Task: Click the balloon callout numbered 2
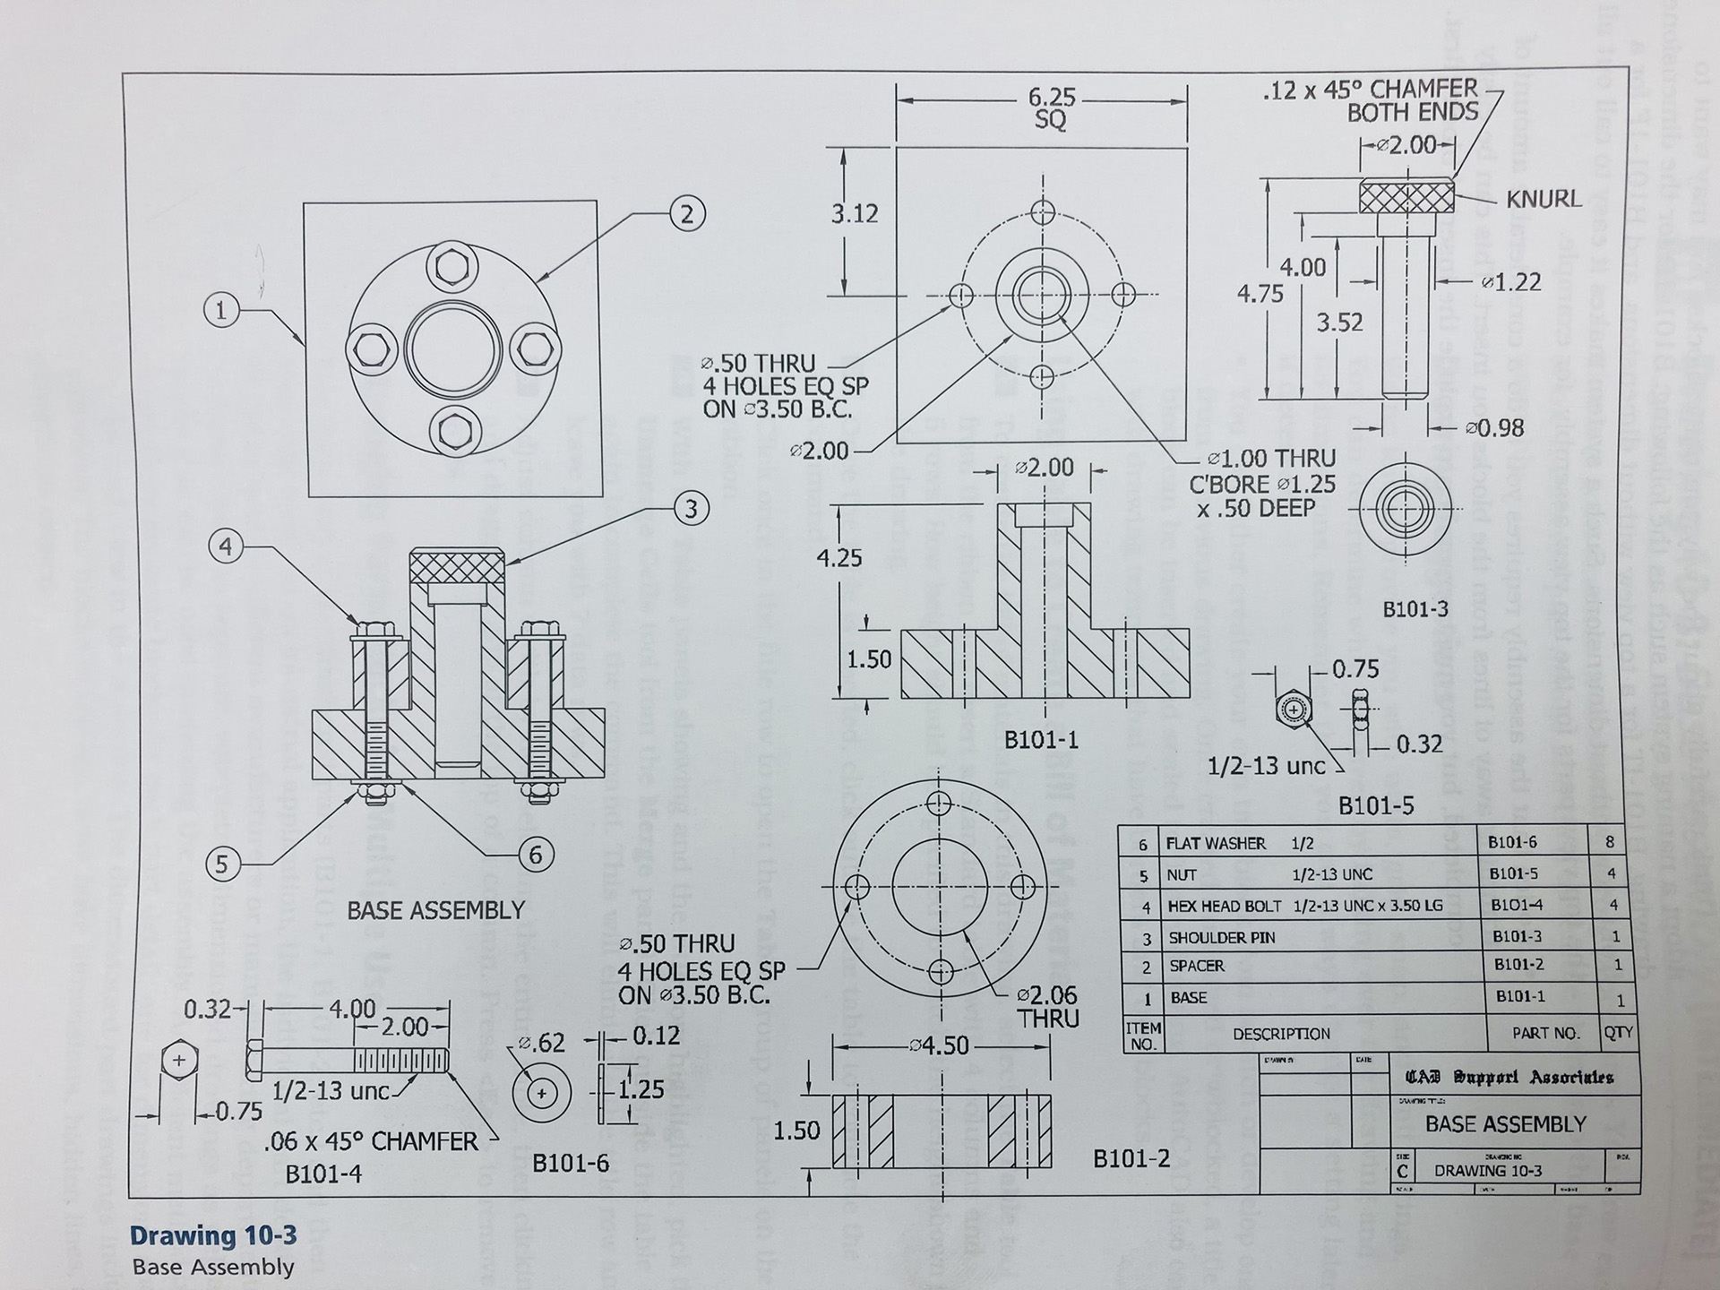tap(687, 214)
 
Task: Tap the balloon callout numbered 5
tap(223, 864)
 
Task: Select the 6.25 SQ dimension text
tap(1051, 107)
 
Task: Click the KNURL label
tap(1543, 199)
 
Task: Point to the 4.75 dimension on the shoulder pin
tap(1260, 293)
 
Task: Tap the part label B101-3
tap(1415, 609)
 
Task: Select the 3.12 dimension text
tap(855, 214)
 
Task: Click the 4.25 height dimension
tap(838, 558)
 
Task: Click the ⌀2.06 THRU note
tap(1047, 1007)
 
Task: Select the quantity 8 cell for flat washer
tap(1610, 842)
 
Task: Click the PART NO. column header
tap(1545, 1033)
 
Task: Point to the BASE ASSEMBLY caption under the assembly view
tap(435, 910)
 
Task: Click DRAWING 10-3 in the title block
tap(1488, 1170)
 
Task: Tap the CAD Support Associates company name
tap(1509, 1077)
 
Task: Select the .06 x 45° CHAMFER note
tap(371, 1141)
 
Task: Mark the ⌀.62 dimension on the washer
tap(542, 1043)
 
